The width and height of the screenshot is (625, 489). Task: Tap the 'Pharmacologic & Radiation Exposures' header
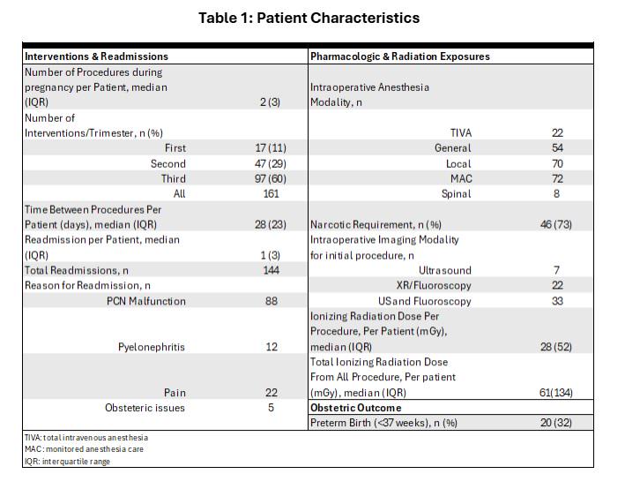[400, 56]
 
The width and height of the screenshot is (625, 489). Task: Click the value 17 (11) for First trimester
[271, 148]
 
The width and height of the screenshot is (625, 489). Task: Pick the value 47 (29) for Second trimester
[271, 163]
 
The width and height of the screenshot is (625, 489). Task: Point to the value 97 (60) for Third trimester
[271, 178]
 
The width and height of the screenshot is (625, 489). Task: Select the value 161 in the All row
[271, 193]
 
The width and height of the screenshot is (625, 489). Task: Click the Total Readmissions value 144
[271, 270]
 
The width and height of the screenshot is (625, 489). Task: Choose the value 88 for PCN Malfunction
[271, 301]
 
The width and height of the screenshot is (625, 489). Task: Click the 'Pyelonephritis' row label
[152, 347]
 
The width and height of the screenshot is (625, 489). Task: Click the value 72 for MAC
[557, 178]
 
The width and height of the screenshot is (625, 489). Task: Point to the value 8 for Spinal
[557, 193]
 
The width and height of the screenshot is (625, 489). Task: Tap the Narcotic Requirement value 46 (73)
[555, 224]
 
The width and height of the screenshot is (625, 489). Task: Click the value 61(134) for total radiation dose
[555, 393]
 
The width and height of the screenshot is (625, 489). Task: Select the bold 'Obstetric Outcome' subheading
[355, 408]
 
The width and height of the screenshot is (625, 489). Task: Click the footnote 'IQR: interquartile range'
[67, 461]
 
